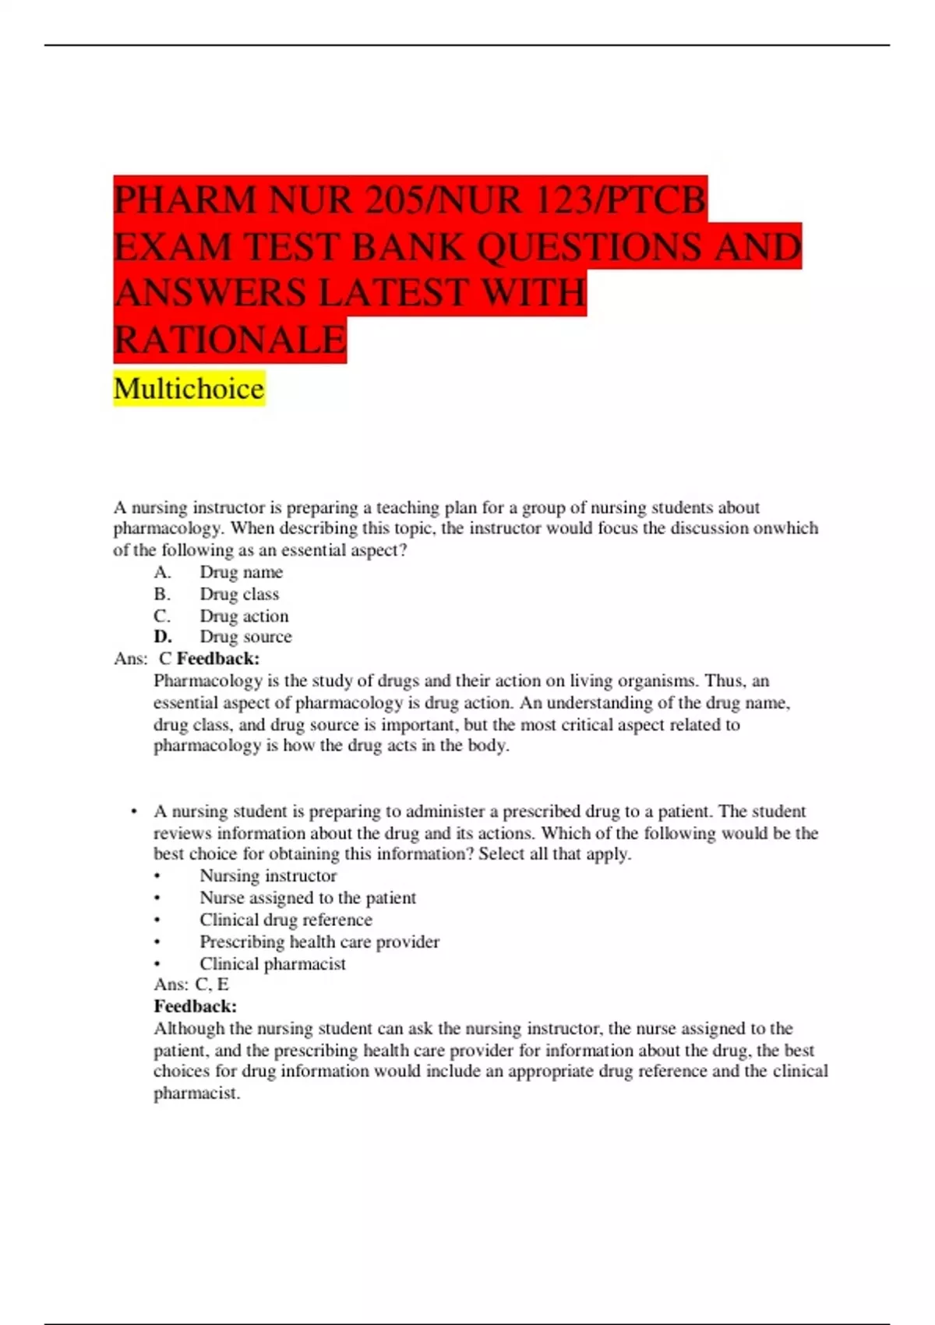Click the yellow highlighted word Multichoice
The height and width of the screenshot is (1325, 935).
click(189, 388)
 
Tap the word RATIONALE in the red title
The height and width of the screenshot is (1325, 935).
click(230, 340)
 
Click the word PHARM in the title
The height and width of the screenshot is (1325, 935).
click(184, 200)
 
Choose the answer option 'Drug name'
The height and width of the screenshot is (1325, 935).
click(241, 572)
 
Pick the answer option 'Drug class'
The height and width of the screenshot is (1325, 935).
click(238, 594)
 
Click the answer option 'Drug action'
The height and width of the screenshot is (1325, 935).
click(244, 616)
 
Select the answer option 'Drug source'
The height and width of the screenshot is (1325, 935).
click(245, 637)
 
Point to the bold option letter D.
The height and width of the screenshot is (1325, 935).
click(162, 637)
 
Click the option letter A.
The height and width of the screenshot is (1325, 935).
click(162, 572)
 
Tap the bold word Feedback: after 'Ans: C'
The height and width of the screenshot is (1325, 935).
click(218, 659)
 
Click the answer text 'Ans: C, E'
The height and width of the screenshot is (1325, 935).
click(191, 984)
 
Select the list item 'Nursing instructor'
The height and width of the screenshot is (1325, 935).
click(268, 876)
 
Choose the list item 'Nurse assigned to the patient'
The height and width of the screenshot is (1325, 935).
click(308, 898)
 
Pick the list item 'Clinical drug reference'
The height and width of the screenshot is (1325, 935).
click(286, 920)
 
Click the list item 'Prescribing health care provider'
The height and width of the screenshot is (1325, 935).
click(319, 942)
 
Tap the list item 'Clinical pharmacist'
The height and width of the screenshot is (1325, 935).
click(273, 963)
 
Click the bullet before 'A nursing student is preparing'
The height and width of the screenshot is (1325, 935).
click(135, 811)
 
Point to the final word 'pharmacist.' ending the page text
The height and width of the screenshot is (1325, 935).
click(196, 1094)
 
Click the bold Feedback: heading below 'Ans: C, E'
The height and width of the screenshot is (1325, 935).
click(195, 1006)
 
